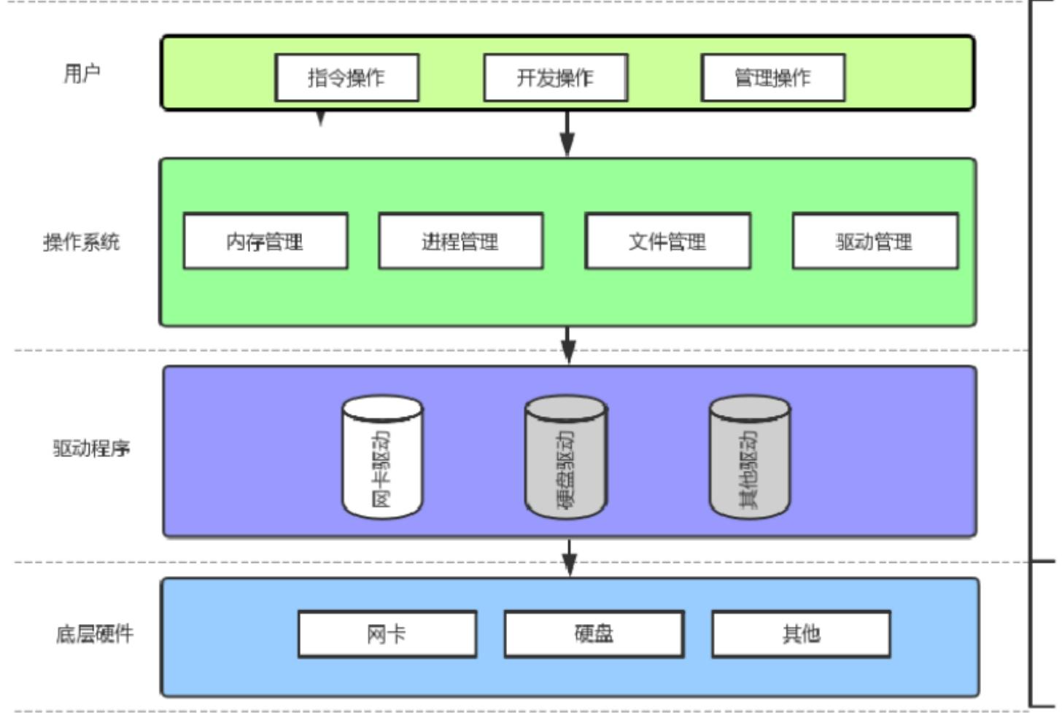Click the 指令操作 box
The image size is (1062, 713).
pos(346,77)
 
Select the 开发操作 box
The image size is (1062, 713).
pos(555,77)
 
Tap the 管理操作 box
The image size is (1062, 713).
pos(772,77)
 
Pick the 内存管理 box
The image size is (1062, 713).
pos(265,241)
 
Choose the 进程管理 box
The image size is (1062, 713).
pos(460,241)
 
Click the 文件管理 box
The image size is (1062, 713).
pos(667,241)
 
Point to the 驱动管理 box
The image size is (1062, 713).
pos(875,241)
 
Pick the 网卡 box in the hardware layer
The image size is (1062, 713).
pos(387,634)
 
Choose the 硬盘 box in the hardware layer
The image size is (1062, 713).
pos(594,634)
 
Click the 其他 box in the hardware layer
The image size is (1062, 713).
pos(801,634)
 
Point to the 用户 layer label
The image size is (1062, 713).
pos(82,73)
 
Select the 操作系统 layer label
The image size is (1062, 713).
pos(81,241)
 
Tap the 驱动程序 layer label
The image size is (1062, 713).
pos(91,448)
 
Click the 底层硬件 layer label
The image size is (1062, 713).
pos(95,634)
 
